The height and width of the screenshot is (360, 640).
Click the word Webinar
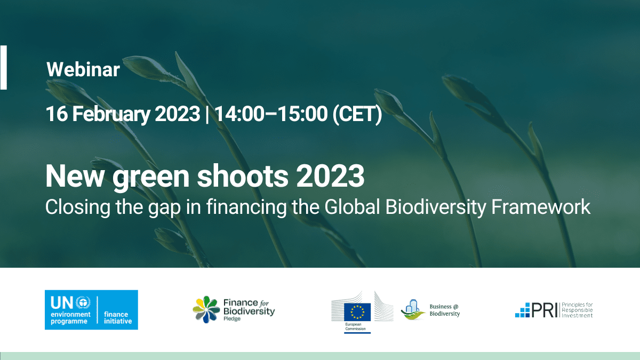(83, 69)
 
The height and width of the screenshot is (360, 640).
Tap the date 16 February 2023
(123, 114)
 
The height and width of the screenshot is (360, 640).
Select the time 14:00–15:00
(271, 114)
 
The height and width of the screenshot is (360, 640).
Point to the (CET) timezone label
(357, 114)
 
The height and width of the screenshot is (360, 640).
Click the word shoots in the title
(243, 176)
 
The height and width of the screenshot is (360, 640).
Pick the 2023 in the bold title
(330, 176)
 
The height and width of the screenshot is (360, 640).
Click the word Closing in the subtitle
(78, 207)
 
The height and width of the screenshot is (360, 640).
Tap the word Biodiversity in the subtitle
(436, 207)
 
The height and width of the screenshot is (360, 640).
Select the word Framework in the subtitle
(541, 206)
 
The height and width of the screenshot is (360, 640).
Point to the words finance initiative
(118, 317)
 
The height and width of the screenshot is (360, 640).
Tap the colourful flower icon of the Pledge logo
(206, 309)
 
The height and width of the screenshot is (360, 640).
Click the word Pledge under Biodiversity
(231, 318)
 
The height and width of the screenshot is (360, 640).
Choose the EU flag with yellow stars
(357, 311)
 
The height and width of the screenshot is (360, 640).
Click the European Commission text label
(355, 326)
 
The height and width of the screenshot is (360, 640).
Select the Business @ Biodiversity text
(445, 310)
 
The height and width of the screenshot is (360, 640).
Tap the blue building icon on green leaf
(413, 310)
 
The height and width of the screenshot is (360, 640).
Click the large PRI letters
(545, 310)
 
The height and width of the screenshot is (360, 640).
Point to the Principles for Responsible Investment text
(577, 310)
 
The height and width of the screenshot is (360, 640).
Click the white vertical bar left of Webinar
(3, 67)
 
